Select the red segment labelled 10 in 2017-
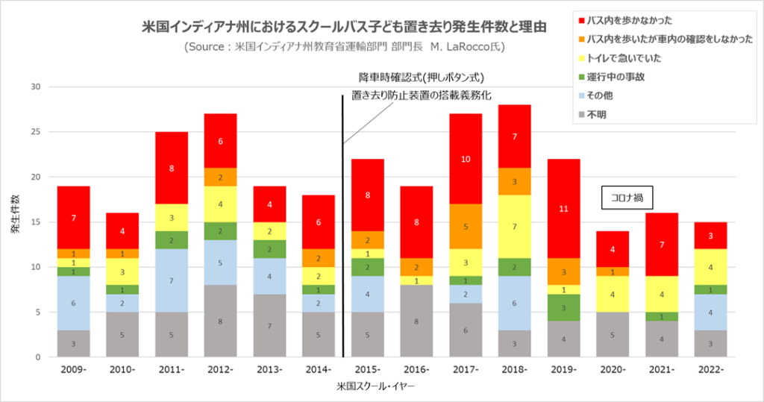tap(465, 159)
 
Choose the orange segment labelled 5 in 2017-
tap(465, 227)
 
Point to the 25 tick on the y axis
tap(34, 132)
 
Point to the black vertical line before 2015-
tap(343, 224)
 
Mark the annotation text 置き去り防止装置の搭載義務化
tap(422, 95)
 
